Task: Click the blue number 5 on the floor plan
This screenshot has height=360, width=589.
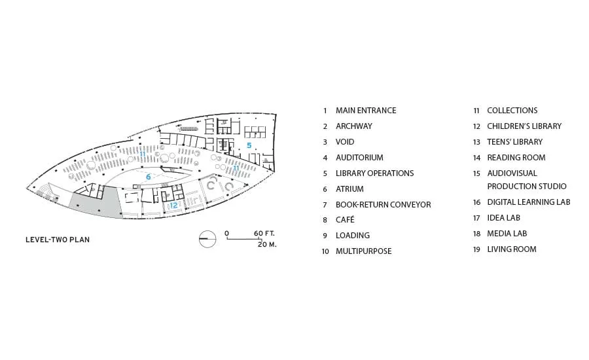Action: coord(249,145)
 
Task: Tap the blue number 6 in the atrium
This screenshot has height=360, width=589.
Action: coord(149,177)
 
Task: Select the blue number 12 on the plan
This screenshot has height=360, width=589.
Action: coord(173,205)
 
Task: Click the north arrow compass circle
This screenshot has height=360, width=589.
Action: coord(207,239)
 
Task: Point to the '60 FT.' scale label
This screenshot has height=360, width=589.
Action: coord(264,234)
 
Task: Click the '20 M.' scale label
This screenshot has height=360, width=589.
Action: coord(267,244)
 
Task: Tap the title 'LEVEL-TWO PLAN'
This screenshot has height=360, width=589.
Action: coord(58,240)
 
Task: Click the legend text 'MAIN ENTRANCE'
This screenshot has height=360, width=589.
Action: coord(366,111)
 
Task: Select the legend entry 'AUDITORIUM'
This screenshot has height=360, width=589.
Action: coord(359,158)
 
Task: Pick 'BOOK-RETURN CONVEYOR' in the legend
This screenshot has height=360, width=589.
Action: coord(383,205)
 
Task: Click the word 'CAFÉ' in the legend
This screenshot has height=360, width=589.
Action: coord(345,220)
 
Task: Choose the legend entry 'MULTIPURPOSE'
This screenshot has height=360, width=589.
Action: coord(364,251)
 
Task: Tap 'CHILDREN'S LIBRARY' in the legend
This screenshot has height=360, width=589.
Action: coord(524,126)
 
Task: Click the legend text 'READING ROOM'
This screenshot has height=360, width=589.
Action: coord(516,158)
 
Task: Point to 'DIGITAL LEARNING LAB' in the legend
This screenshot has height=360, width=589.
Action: coord(529,202)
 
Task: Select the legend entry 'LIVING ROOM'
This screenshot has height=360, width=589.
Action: coord(512,249)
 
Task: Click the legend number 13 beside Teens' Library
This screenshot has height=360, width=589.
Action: coord(476,142)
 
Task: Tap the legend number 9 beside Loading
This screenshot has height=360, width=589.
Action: coord(325,236)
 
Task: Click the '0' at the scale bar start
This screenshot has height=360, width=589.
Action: coord(226,234)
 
